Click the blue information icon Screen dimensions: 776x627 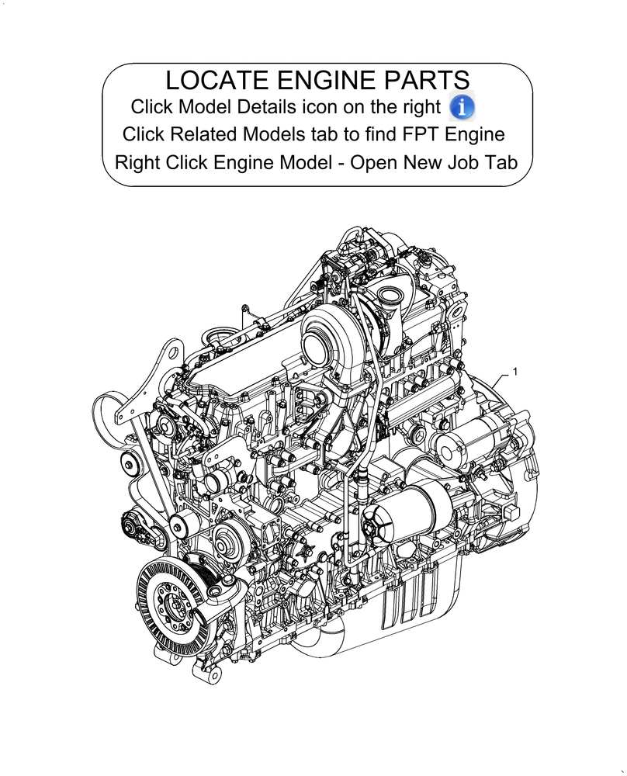pyautogui.click(x=462, y=106)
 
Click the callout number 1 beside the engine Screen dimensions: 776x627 pyautogui.click(x=515, y=372)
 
